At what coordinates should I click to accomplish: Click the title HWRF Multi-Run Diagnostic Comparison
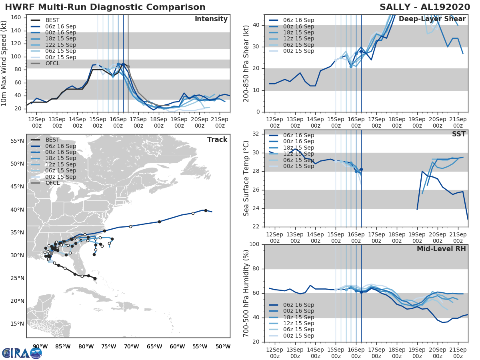point(105,7)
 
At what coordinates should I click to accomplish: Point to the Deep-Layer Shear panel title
point(432,19)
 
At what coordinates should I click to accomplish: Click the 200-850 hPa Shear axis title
point(246,63)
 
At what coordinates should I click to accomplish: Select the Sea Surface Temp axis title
point(246,178)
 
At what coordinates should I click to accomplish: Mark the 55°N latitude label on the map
point(18,141)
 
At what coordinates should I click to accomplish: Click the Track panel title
point(217,140)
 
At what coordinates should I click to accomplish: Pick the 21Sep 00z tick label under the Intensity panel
point(220,122)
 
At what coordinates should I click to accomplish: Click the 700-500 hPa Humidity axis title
point(246,293)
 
